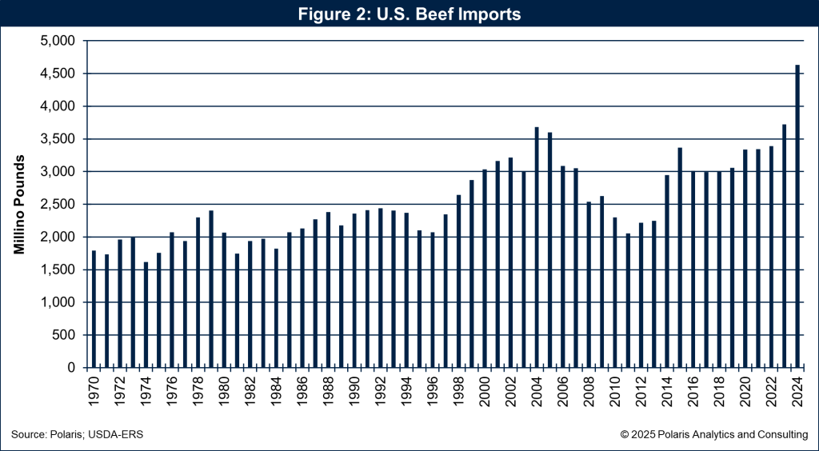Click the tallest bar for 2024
click(x=797, y=216)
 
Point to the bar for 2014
click(x=667, y=271)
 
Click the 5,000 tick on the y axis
click(x=57, y=41)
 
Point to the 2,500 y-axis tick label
click(x=57, y=204)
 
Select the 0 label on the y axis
click(x=70, y=368)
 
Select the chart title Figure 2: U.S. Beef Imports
click(x=409, y=14)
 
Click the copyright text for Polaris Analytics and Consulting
click(x=713, y=434)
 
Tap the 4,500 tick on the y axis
click(x=57, y=74)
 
